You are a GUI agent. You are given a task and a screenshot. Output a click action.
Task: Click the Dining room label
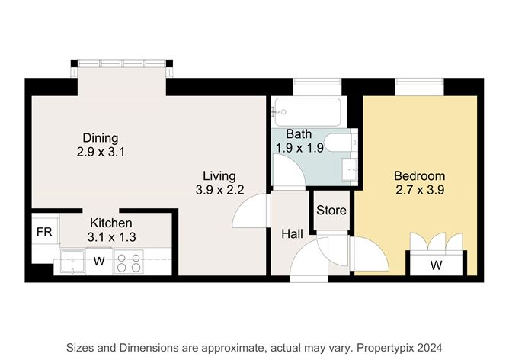pyautogui.click(x=101, y=138)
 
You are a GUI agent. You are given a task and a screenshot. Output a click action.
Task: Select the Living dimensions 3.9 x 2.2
pyautogui.click(x=219, y=190)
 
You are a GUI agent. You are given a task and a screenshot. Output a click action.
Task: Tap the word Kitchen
pyautogui.click(x=111, y=223)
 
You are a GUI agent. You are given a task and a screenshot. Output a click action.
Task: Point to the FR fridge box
pyautogui.click(x=45, y=232)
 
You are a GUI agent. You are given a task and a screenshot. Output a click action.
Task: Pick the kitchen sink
pyautogui.click(x=72, y=262)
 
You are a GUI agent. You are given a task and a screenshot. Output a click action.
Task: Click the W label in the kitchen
pyautogui.click(x=99, y=261)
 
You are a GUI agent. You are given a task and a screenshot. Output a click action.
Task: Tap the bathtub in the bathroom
pyautogui.click(x=307, y=112)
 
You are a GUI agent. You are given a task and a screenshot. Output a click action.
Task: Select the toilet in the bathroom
pyautogui.click(x=341, y=143)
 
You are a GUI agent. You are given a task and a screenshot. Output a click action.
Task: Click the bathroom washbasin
pyautogui.click(x=349, y=169)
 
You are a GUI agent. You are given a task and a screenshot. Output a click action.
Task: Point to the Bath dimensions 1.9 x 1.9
pyautogui.click(x=299, y=148)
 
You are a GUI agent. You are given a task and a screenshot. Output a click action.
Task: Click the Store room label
pyautogui.click(x=331, y=211)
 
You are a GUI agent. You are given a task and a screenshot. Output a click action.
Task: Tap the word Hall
pyautogui.click(x=292, y=234)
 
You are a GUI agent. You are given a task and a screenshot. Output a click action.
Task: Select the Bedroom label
pyautogui.click(x=419, y=176)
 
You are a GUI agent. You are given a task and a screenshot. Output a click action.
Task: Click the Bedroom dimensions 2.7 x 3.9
pyautogui.click(x=420, y=190)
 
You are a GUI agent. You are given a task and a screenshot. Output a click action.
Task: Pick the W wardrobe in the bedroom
pyautogui.click(x=437, y=265)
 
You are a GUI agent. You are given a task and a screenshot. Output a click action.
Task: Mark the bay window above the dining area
pyautogui.click(x=122, y=63)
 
